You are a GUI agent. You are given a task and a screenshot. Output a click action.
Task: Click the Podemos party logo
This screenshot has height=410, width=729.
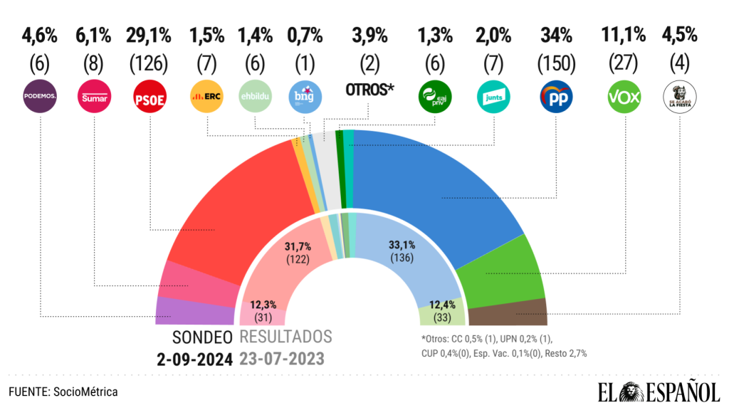(41, 97)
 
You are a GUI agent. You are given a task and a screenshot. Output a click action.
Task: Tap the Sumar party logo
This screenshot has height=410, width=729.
(95, 97)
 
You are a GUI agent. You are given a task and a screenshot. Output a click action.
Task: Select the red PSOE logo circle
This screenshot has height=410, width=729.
(150, 97)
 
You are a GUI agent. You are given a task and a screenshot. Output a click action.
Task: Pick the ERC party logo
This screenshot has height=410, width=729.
(206, 97)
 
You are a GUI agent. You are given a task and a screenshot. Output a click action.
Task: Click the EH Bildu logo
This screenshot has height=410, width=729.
(255, 97)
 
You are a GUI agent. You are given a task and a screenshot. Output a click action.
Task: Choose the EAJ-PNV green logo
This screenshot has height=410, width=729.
(434, 97)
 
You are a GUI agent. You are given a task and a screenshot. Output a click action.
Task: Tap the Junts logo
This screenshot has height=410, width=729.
(493, 97)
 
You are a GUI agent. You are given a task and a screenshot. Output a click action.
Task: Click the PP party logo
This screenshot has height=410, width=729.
(556, 97)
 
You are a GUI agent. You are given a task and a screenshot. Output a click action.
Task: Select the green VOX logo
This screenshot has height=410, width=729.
(624, 97)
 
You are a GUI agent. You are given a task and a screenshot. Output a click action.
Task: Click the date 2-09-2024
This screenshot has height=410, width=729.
(195, 358)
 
